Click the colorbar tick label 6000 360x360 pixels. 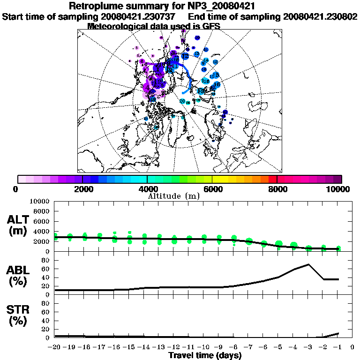coord(212,189)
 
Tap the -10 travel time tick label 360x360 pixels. coord(204,347)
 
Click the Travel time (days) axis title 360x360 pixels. coord(205,355)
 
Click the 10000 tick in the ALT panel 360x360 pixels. coord(39,201)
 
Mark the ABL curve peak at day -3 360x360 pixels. coord(308,264)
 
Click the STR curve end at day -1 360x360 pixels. coord(338,333)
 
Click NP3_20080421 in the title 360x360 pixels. coord(221,7)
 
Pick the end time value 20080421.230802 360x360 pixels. coord(320,17)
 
